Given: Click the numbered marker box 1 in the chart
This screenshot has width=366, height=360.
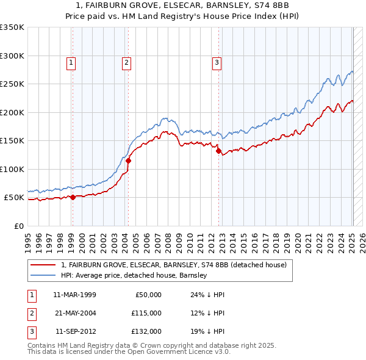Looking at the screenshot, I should [71, 62].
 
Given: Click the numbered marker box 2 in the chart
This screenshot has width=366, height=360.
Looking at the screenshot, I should [126, 62].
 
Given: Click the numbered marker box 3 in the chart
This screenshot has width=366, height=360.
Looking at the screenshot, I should [217, 62].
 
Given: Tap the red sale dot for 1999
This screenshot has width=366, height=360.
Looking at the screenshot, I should [73, 197].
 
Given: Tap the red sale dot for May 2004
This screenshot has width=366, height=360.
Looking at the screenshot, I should [129, 161].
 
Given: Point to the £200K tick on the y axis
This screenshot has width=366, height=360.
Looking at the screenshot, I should [12, 112].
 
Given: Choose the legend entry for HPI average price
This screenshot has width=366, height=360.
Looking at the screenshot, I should [134, 275].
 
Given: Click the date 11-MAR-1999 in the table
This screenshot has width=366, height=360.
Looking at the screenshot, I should [74, 295].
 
